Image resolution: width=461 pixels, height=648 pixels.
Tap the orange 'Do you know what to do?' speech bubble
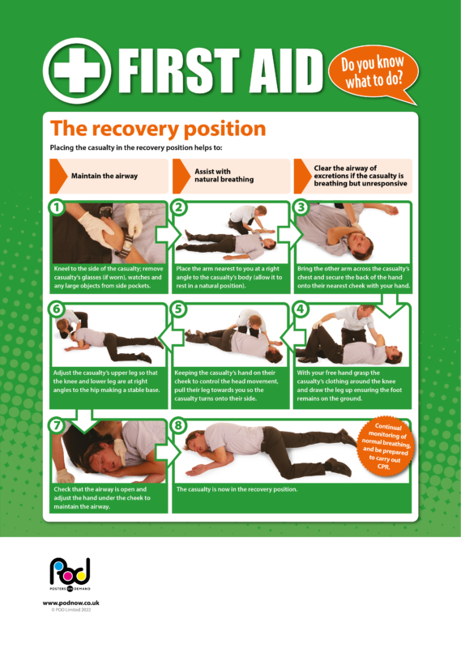coord(374,72)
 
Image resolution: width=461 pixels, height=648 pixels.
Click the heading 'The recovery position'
coord(157,129)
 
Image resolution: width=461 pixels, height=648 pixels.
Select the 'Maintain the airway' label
coord(104,176)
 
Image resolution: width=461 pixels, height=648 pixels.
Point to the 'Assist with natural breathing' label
coord(224,175)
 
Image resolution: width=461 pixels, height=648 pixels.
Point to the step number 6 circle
coord(57,309)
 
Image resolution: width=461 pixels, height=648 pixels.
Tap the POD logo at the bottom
coord(70,576)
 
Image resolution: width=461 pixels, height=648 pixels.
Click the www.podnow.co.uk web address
coord(70,603)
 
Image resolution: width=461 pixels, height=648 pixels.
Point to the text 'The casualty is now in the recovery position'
coord(237,490)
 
